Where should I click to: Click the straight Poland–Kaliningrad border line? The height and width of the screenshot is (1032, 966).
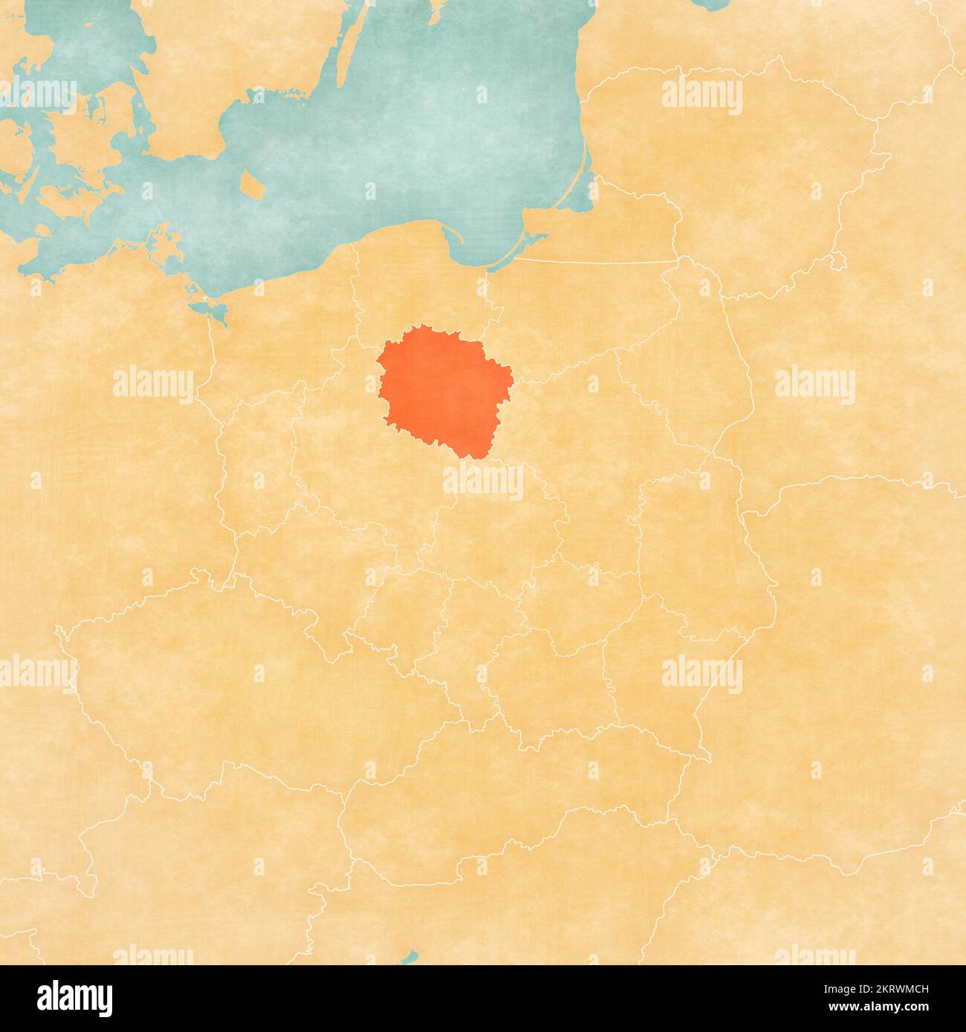[594, 261]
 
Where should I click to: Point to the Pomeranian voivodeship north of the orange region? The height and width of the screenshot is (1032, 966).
[416, 290]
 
